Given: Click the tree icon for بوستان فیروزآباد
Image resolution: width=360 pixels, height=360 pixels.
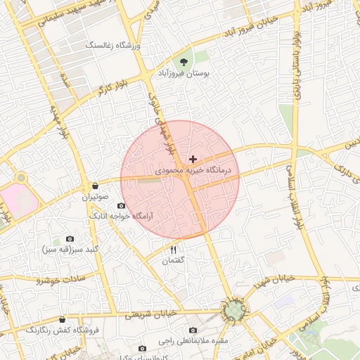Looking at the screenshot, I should click(x=184, y=62).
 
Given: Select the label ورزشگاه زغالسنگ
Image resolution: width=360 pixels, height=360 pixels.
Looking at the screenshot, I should click(x=113, y=46).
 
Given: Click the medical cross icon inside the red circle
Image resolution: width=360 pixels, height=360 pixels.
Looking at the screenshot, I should click(x=193, y=160).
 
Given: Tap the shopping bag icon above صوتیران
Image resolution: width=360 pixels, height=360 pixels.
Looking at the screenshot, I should click(x=94, y=186).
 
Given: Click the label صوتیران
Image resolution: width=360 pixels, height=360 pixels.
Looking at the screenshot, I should click(x=95, y=197).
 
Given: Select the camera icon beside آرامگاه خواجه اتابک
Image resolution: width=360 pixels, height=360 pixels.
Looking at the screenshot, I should click(x=121, y=205).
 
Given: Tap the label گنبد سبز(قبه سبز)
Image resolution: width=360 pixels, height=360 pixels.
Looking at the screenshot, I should click(x=69, y=250).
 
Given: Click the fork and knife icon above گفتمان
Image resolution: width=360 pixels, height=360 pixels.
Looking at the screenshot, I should click(x=173, y=249).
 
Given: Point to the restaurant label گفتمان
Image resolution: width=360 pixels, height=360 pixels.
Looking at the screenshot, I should click(x=173, y=260).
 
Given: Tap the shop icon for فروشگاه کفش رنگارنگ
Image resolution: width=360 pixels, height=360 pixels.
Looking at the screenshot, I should click(x=62, y=320).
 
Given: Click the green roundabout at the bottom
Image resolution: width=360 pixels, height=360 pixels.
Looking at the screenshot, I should click(x=233, y=310).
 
